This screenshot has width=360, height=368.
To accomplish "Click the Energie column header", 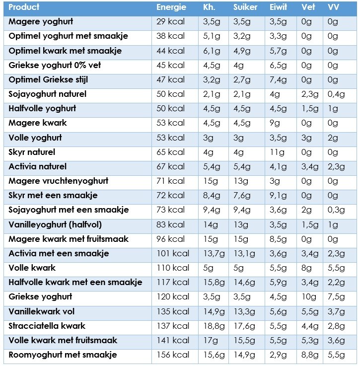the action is (171, 7).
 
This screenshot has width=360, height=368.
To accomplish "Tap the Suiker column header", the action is (245, 7).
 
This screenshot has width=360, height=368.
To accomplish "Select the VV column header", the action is (333, 7).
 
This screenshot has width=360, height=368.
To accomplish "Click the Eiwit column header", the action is (279, 7).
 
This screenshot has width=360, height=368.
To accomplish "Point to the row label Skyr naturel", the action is (32, 152).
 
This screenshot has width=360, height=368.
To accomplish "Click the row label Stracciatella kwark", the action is (47, 326).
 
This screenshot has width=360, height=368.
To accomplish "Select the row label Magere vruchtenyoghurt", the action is (59, 181).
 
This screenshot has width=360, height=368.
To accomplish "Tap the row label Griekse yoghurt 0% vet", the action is (55, 66).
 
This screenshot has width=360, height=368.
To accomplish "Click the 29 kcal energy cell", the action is (171, 21).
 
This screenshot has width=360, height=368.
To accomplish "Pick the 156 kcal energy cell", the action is (173, 355).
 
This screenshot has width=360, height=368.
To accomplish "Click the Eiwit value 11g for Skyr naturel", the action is (277, 152).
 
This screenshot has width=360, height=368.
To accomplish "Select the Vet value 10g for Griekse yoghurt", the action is (309, 297).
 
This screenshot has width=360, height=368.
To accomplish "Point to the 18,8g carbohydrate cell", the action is (214, 326).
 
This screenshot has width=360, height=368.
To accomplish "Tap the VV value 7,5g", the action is (336, 297).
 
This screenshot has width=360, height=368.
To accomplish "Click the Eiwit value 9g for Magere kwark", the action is (275, 124).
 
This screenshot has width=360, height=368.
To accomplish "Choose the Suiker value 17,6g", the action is (244, 326).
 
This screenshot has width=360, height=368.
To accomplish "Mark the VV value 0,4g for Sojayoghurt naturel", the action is (336, 94).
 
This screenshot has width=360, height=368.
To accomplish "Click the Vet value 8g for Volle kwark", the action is (306, 268).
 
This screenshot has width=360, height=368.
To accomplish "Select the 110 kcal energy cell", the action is (173, 268).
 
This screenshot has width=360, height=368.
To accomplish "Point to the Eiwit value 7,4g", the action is (278, 80).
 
